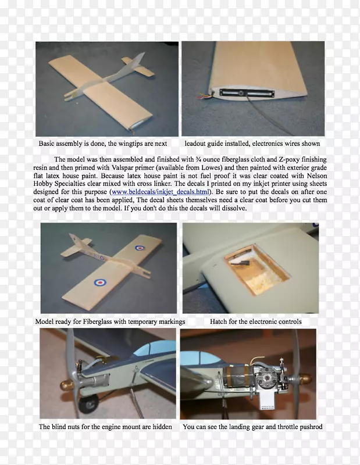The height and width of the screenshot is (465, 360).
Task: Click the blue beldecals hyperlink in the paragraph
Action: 161,192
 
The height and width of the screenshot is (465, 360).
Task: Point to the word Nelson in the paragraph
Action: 317,176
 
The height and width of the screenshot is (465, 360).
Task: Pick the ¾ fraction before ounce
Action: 198,159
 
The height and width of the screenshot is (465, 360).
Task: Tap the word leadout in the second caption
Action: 195,144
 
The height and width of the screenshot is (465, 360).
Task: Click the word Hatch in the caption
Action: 218,321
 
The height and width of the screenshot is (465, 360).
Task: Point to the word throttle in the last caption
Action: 287,427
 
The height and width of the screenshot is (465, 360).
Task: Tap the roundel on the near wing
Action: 100,282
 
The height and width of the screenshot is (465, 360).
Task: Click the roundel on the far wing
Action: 139,248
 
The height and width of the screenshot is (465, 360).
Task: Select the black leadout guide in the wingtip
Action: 247,93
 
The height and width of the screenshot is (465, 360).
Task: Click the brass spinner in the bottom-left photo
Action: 65,385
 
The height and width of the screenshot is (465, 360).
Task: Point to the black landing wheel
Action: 88,404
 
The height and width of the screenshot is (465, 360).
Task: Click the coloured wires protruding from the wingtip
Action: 206,95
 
